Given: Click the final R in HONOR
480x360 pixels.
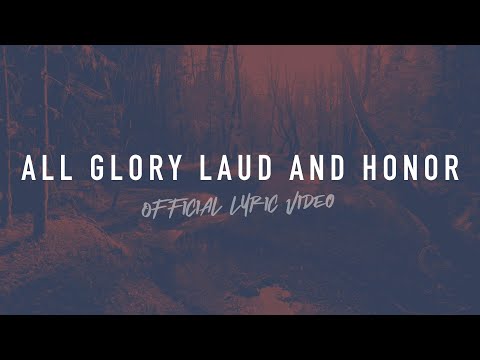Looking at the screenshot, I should [x=452, y=169].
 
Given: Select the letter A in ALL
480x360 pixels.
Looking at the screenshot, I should [x=30, y=169].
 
